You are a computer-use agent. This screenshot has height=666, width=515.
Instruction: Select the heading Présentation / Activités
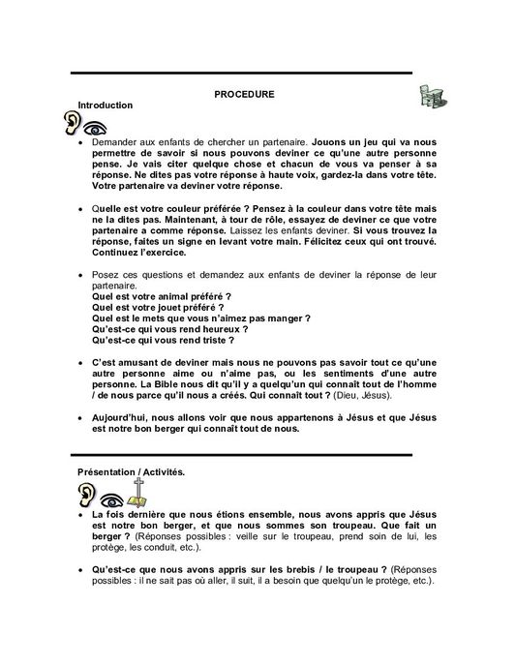click(x=133, y=471)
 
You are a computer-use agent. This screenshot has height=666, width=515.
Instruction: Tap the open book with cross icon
click(x=140, y=494)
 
